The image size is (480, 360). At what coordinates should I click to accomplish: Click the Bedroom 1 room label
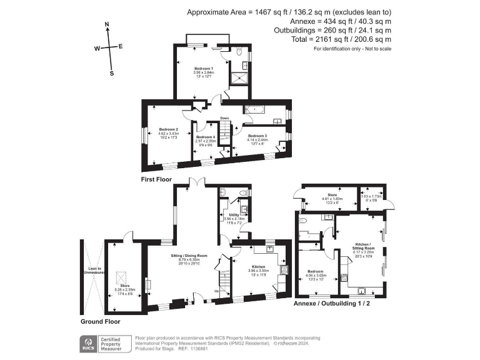point(203,68)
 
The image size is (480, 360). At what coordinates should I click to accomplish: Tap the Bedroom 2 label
point(167,129)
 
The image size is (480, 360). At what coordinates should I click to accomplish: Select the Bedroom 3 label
point(257,136)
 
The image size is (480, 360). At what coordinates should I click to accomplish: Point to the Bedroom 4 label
point(206,137)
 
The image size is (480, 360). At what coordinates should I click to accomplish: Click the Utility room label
point(234,214)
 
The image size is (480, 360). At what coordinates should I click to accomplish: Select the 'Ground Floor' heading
point(100,321)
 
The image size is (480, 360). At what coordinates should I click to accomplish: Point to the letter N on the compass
point(107,26)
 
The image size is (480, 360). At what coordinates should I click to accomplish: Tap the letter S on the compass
point(112,72)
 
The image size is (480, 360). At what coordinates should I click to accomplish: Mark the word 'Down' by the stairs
point(223,118)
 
